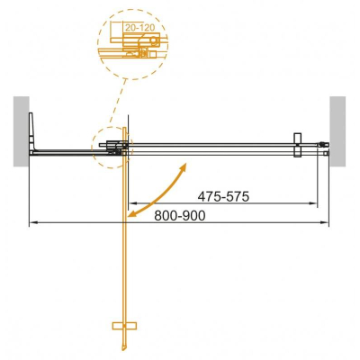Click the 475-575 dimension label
tap(222, 195)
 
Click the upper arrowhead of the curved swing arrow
tap(184, 166)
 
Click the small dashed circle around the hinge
tap(110, 147)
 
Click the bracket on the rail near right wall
tap(297, 143)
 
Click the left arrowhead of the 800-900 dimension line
tap(33, 222)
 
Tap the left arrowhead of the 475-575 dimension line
tap(132, 203)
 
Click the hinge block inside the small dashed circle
tap(113, 147)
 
